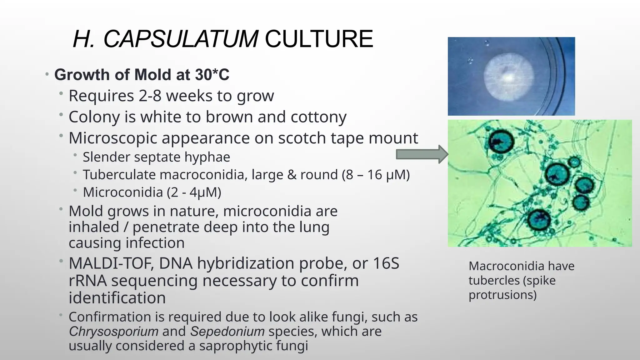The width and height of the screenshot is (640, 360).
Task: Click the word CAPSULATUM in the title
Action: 181,39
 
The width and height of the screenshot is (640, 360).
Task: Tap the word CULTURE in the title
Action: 319,39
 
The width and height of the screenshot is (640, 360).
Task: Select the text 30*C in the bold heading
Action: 212,75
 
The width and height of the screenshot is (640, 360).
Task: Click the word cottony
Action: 318,117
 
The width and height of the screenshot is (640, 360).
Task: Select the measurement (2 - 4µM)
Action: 194,192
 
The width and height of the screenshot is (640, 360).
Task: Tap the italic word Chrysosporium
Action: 114,331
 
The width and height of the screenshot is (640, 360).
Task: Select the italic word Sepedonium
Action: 227,331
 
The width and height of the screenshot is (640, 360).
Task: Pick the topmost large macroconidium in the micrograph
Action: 501,141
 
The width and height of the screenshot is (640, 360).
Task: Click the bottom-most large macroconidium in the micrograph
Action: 539,219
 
